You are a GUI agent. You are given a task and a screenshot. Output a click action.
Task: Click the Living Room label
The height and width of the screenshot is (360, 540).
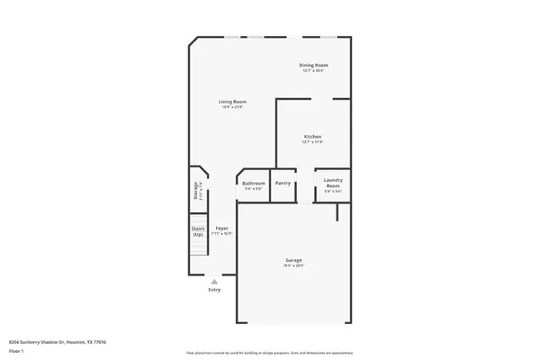coord(232,102)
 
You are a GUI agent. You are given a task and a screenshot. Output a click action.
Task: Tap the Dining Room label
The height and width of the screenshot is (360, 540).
coord(313,65)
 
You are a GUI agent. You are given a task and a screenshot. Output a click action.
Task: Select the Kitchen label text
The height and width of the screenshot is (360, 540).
coord(311,137)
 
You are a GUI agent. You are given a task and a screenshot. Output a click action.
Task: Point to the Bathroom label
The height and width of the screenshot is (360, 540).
coord(253,184)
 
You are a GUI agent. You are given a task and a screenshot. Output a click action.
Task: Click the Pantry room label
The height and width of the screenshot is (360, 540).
coord(283,184)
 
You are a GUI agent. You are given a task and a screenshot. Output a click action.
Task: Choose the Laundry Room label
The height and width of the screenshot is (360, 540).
coord(332,183)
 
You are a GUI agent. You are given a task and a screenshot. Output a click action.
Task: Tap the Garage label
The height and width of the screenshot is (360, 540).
coord(293,260)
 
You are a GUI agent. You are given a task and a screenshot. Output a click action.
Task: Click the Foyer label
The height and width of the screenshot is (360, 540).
coord(221,229)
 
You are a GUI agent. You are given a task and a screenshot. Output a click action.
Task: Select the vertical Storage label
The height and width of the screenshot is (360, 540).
coord(195,191)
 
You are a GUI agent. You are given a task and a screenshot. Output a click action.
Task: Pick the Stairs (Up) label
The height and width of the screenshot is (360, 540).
coord(198,230)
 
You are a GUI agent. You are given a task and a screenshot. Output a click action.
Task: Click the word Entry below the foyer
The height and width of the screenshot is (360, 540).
coord(214,290)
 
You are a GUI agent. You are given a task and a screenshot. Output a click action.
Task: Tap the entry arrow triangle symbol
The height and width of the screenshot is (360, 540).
coord(214,281)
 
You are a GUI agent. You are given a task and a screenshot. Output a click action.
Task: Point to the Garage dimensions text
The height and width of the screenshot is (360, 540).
coord(293,266)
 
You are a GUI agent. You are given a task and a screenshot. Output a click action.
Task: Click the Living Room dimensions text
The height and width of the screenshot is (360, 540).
coord(232,107)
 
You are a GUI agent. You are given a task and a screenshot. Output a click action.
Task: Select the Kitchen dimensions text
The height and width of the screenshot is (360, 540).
coord(311,142)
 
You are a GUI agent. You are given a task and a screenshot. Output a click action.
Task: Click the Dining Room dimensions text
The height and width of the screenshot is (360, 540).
coord(313,70)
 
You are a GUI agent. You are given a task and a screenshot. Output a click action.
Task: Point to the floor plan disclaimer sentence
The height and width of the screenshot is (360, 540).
coord(269,352)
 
